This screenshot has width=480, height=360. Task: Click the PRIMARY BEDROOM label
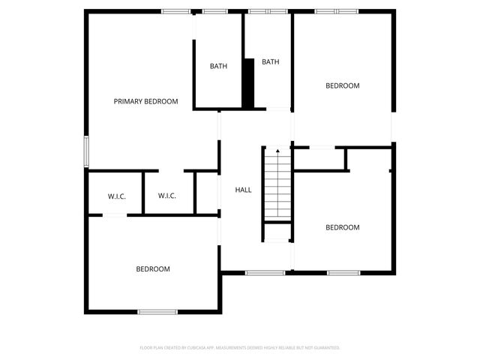pyautogui.click(x=145, y=101)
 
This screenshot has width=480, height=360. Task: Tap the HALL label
pyautogui.click(x=244, y=190)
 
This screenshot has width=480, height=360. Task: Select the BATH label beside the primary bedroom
pyautogui.click(x=218, y=66)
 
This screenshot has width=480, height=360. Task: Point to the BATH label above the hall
pyautogui.click(x=270, y=62)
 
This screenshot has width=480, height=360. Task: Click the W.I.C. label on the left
pyautogui.click(x=116, y=196)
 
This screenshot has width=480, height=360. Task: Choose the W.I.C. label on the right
pyautogui.click(x=166, y=196)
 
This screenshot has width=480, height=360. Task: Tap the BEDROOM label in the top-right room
pyautogui.click(x=342, y=85)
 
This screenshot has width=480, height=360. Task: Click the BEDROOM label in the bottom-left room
pyautogui.click(x=152, y=268)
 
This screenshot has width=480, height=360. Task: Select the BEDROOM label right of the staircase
pyautogui.click(x=342, y=227)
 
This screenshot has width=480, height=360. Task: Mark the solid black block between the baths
pyautogui.click(x=248, y=82)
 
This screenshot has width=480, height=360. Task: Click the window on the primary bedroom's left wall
pyautogui.click(x=86, y=152)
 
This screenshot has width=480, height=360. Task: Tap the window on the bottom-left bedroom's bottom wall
pyautogui.click(x=157, y=311)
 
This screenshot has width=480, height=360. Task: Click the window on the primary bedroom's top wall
pyautogui.click(x=176, y=11)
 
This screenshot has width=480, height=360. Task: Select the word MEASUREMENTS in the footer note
pyautogui.click(x=241, y=348)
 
